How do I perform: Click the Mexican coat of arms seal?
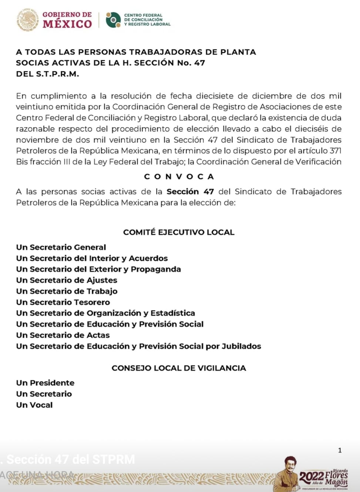click(x=28, y=20)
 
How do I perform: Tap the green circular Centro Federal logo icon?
click(x=113, y=20)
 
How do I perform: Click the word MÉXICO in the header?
click(x=67, y=24)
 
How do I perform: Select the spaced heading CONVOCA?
click(x=179, y=176)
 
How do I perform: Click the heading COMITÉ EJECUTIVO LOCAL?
click(x=179, y=232)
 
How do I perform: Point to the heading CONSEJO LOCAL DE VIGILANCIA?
click(x=179, y=368)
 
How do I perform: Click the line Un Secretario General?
click(x=61, y=247)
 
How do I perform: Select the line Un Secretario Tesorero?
click(x=63, y=302)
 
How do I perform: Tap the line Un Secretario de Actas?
click(x=63, y=335)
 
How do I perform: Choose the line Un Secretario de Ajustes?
click(x=67, y=280)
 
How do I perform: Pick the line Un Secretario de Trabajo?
click(x=67, y=291)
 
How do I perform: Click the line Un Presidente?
click(x=45, y=383)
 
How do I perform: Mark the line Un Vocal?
click(x=34, y=405)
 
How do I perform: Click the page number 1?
click(x=340, y=450)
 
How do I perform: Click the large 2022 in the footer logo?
click(x=312, y=476)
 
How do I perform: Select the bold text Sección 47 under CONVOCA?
click(x=190, y=192)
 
